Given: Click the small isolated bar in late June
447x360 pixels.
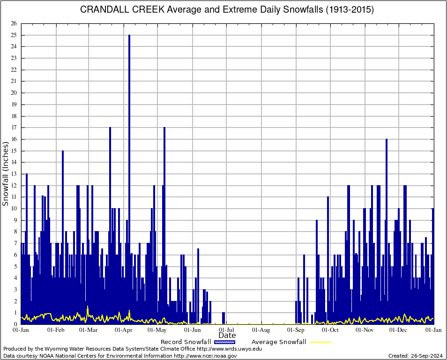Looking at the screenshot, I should (x=223, y=318).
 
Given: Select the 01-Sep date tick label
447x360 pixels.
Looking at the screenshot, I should (x=296, y=330).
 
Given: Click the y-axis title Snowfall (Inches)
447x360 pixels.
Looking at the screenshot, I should (x=6, y=174).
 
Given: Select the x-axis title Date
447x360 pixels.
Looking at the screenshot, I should (x=227, y=336).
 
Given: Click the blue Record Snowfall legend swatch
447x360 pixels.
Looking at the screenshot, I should (x=224, y=342).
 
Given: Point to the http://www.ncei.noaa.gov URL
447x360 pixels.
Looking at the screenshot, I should (x=205, y=356).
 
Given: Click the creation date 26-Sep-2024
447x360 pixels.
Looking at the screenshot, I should (x=426, y=356).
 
